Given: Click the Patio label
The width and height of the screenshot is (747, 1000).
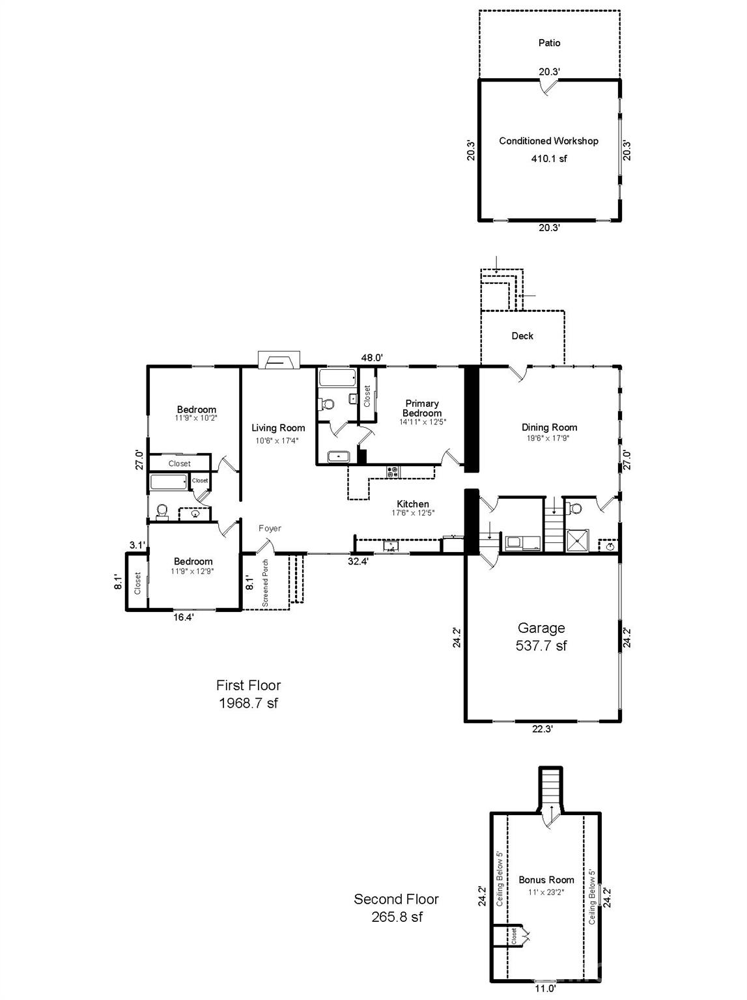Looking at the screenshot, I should (x=549, y=43).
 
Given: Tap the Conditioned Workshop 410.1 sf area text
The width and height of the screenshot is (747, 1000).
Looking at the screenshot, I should (x=548, y=158).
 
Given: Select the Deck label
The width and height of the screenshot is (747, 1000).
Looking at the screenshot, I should (x=522, y=336).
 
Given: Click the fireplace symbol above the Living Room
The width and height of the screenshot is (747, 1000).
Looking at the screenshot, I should (x=279, y=360).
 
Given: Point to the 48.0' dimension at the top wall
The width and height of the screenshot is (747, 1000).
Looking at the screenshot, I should (x=372, y=357).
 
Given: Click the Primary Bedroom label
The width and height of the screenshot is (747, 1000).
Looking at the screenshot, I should (x=422, y=408).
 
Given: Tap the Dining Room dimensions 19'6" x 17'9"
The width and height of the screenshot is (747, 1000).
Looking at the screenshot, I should (x=549, y=438).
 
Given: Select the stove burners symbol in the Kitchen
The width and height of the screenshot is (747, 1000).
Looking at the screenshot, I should (x=392, y=472).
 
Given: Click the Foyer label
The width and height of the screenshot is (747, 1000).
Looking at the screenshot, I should (x=270, y=528).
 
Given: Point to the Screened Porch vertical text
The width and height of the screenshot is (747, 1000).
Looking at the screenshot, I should (x=265, y=583).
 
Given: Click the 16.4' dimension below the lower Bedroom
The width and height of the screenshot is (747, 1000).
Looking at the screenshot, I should (x=184, y=617).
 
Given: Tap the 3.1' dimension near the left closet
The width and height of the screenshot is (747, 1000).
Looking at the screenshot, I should (x=136, y=545).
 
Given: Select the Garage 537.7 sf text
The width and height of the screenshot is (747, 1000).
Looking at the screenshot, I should (x=541, y=637).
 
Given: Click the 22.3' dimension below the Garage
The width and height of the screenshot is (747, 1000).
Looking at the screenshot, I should (x=542, y=729).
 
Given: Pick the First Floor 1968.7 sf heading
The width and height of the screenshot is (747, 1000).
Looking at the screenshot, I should (x=248, y=694).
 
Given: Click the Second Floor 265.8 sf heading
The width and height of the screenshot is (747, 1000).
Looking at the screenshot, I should (x=396, y=908).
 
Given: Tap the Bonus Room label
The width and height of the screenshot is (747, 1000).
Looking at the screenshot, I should (x=546, y=880).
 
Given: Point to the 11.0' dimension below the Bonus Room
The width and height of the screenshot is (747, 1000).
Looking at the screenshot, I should (x=545, y=988).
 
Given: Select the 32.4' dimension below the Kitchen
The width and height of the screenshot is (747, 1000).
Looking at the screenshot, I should (x=358, y=561).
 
